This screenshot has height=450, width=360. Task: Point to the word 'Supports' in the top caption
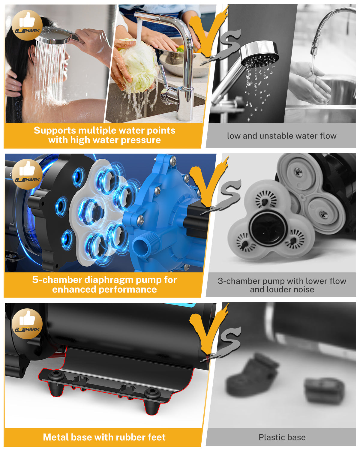click(x=55, y=131)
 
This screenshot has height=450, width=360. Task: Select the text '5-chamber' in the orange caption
click(x=57, y=280)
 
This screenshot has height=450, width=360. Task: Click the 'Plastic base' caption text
click(x=282, y=437)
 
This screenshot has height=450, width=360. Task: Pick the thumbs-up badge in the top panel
click(x=27, y=25)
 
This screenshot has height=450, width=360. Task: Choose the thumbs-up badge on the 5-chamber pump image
click(x=27, y=174)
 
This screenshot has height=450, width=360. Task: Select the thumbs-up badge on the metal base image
click(x=27, y=323)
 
